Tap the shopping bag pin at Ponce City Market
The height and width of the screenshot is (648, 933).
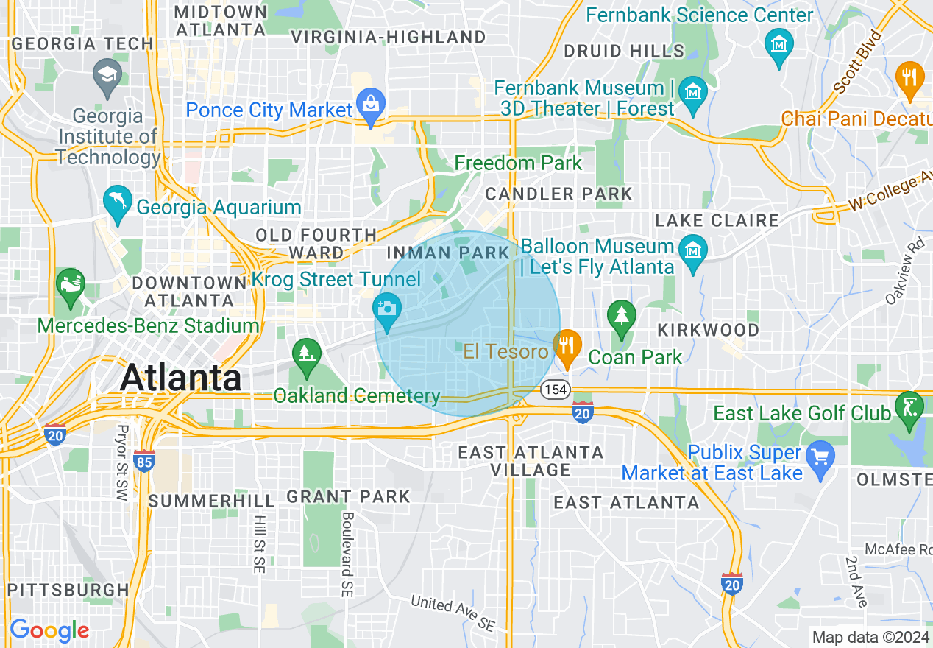[369, 105]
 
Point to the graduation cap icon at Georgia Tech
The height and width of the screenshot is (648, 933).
[107, 77]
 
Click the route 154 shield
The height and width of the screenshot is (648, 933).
[556, 390]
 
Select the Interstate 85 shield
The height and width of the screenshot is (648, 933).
[145, 461]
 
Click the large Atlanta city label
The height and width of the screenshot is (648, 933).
[180, 378]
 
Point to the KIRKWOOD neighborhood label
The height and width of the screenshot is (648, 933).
[708, 329]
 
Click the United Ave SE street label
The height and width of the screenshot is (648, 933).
[453, 613]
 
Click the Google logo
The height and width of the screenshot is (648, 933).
[49, 630]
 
